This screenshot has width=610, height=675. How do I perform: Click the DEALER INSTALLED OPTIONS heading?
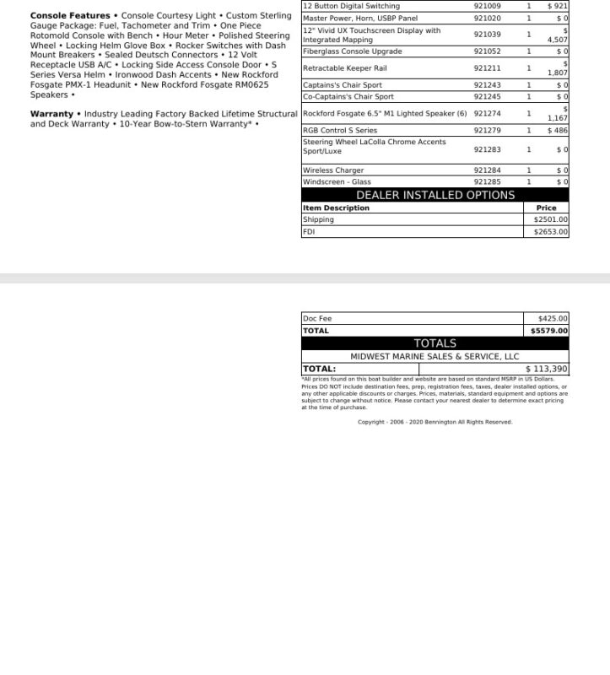pos(435,195)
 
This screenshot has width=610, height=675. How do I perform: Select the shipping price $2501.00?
pos(551,219)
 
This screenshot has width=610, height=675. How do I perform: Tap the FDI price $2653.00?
pos(551,231)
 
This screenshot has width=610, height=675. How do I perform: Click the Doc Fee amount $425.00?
pos(553,319)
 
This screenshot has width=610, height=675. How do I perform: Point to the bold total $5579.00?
pos(549,331)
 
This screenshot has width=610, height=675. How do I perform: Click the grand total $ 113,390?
pos(547,369)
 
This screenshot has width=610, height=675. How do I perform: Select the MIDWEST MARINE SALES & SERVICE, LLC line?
pos(435,356)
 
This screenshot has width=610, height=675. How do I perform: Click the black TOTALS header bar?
pos(435,343)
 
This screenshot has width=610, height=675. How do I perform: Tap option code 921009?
pos(487,6)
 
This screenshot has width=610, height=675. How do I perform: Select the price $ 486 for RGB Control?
pos(557,131)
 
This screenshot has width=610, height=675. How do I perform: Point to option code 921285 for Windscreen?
pos(487,181)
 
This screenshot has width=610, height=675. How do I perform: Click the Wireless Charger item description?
pos(333,170)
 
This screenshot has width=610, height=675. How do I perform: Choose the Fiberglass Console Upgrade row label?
pos(352,51)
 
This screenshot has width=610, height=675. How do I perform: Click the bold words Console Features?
pos(70,16)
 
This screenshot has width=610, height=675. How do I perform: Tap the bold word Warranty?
pos(51,114)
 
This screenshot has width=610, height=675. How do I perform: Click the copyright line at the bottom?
pos(435,422)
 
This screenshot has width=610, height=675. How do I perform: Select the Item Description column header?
pos(336,208)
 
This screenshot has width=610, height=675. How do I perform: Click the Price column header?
pos(546,208)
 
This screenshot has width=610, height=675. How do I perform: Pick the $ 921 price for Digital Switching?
pos(557,6)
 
